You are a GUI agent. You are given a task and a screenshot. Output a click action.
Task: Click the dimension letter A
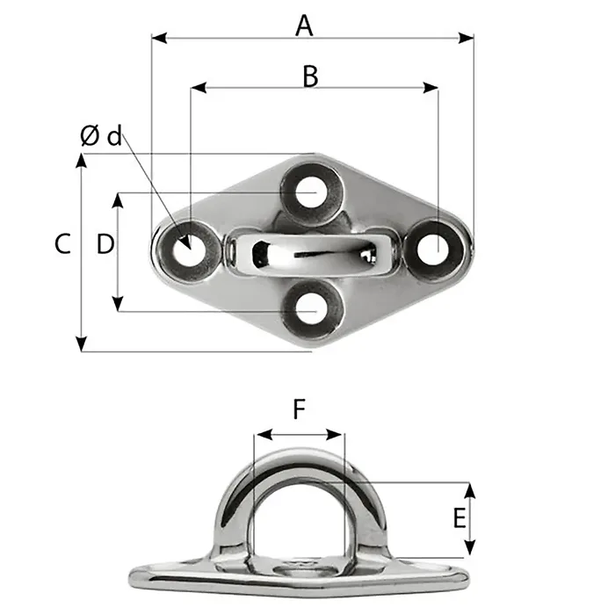(304, 25)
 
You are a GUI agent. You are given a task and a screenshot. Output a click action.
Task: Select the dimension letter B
(309, 76)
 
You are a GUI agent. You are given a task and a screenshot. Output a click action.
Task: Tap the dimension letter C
(61, 244)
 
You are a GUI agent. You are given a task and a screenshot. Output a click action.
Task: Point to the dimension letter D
(105, 244)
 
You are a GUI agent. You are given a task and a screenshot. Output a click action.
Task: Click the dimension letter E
(459, 518)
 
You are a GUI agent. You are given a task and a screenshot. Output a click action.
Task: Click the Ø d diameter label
(100, 136)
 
